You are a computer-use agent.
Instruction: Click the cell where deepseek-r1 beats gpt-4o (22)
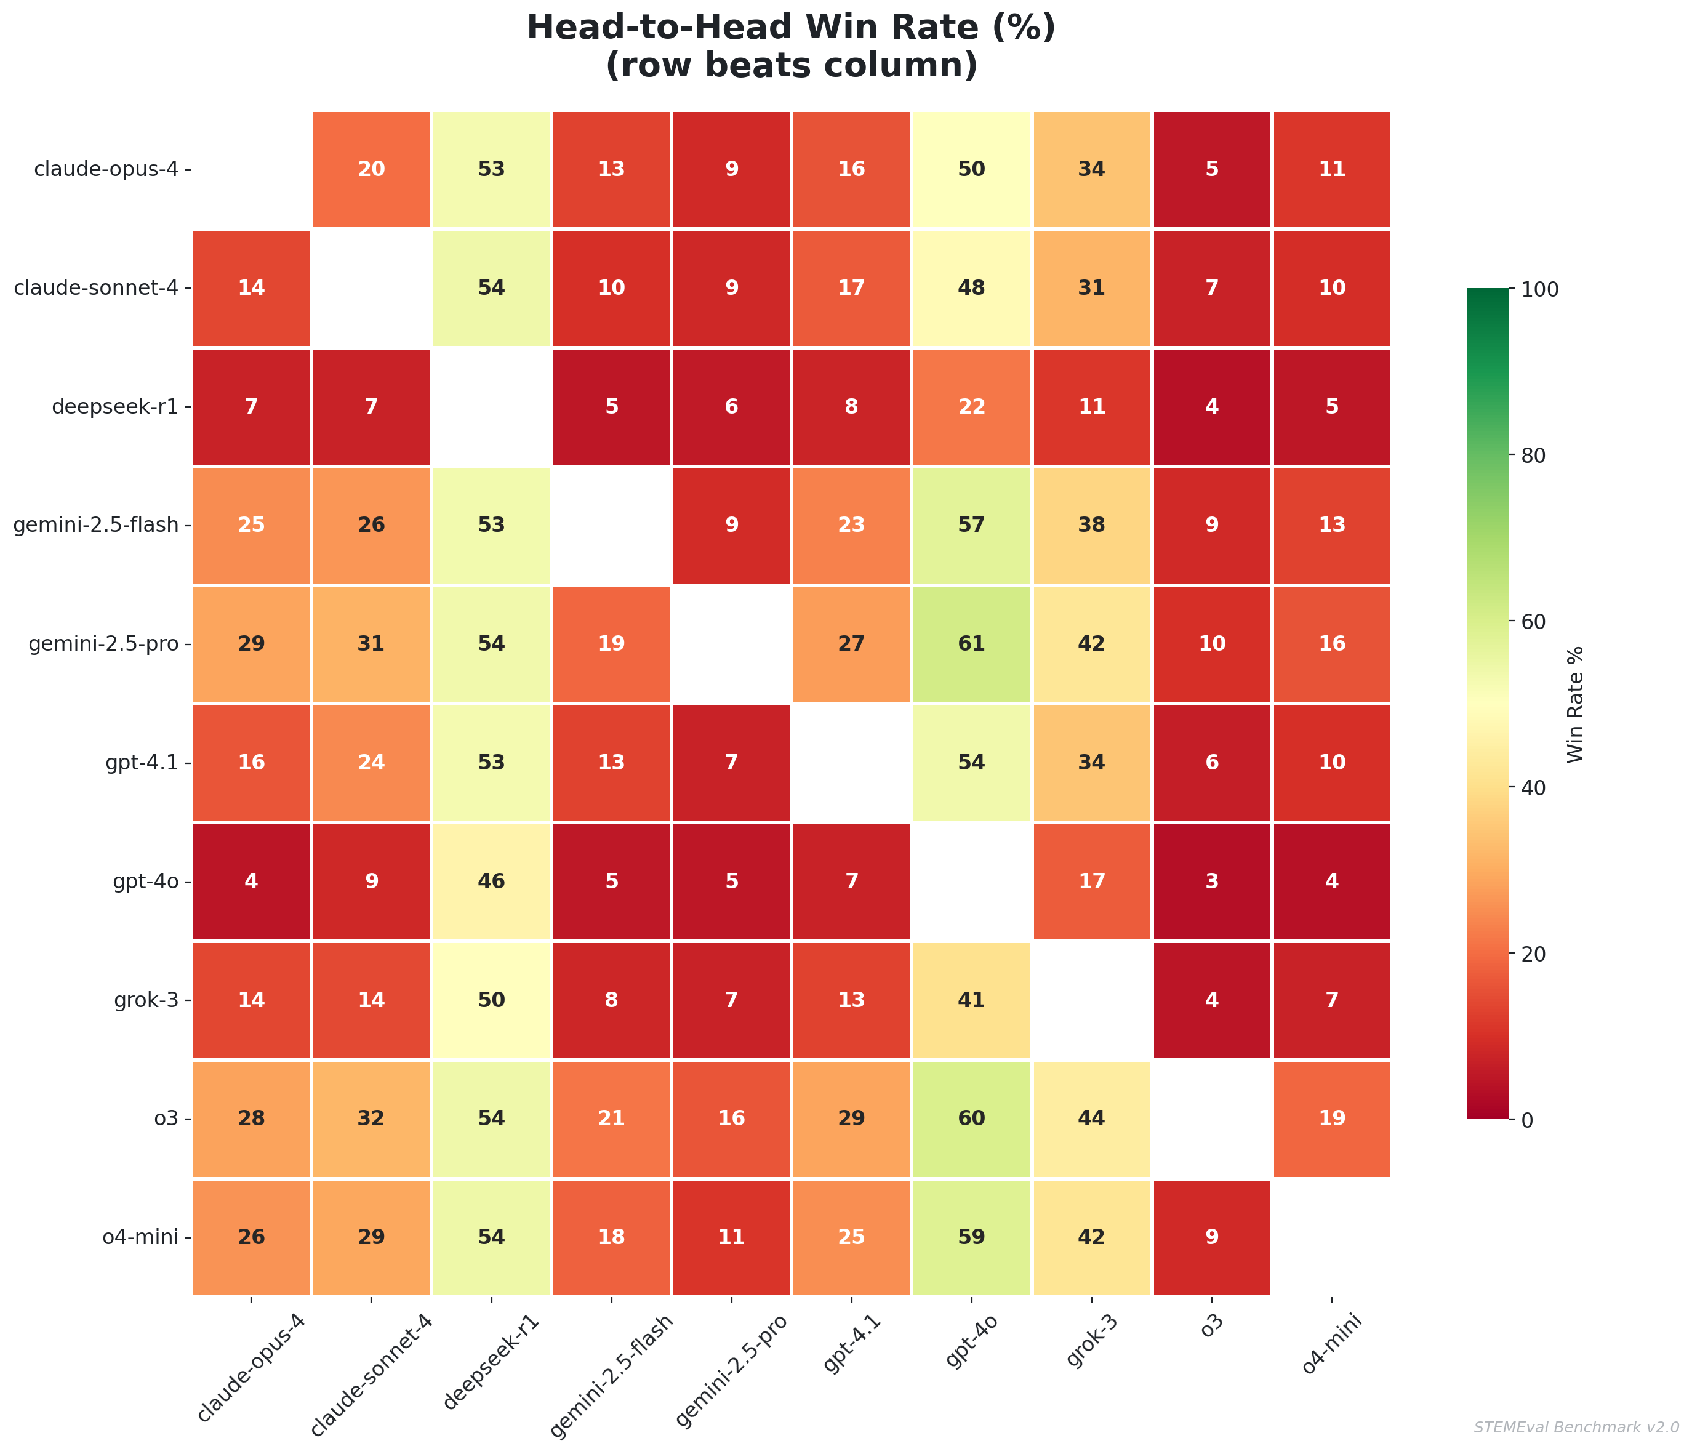point(971,407)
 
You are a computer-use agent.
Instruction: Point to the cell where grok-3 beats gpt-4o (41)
point(971,1000)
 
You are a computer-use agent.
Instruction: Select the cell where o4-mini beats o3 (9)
point(1212,1237)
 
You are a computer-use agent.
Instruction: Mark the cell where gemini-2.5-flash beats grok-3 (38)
point(1092,525)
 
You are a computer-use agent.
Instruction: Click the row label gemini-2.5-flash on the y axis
point(97,525)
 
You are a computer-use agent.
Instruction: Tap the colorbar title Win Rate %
point(1576,704)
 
